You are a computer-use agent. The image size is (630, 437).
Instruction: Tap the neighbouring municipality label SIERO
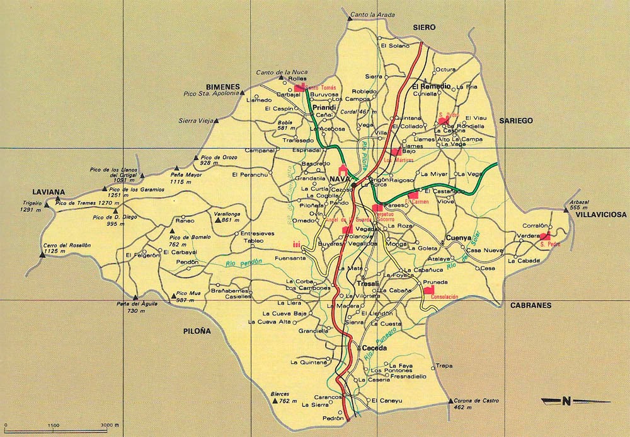click(424, 28)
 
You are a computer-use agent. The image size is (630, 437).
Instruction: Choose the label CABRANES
click(530, 305)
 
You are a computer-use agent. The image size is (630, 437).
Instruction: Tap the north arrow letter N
click(566, 400)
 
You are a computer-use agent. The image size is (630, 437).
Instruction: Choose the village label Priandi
click(324, 108)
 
